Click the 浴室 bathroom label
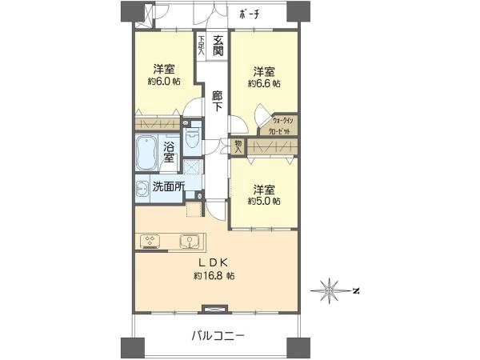[x=170, y=152]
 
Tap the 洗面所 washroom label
[x=168, y=187]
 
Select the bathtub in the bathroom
[x=147, y=152]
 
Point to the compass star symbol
[x=329, y=289]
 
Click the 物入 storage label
[x=238, y=145]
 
